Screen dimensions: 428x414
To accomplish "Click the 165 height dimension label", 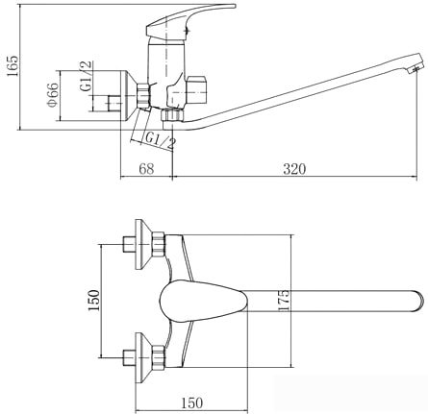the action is pyautogui.click(x=13, y=70).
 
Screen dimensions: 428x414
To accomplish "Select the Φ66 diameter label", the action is pyautogui.click(x=53, y=95).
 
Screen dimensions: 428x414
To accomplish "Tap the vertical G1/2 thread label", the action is pyautogui.click(x=86, y=76).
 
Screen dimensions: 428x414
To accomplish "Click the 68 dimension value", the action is pyautogui.click(x=146, y=169).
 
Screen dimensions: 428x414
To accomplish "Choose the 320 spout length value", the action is pyautogui.click(x=294, y=169).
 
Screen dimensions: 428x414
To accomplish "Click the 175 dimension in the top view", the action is pyautogui.click(x=284, y=300).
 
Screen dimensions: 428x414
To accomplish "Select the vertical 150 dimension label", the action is pyautogui.click(x=94, y=301).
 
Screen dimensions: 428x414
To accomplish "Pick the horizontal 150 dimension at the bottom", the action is pyautogui.click(x=192, y=402).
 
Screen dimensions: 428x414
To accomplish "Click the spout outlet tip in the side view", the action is pyautogui.click(x=415, y=67).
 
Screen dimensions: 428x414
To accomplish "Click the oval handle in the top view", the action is pyautogui.click(x=204, y=301).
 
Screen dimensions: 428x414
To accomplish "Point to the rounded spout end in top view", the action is pyautogui.click(x=418, y=301).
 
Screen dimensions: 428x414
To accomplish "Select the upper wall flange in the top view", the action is pyautogui.click(x=142, y=245).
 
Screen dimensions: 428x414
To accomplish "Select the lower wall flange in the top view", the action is pyautogui.click(x=142, y=357).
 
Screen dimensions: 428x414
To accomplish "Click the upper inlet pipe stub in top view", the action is pyautogui.click(x=129, y=245).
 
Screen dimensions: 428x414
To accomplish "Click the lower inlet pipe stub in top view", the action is pyautogui.click(x=129, y=357).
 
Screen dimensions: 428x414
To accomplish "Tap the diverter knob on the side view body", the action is pyautogui.click(x=196, y=90).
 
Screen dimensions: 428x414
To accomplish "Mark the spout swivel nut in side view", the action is pyautogui.click(x=172, y=115).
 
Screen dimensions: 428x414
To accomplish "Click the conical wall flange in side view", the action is pyautogui.click(x=129, y=95).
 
